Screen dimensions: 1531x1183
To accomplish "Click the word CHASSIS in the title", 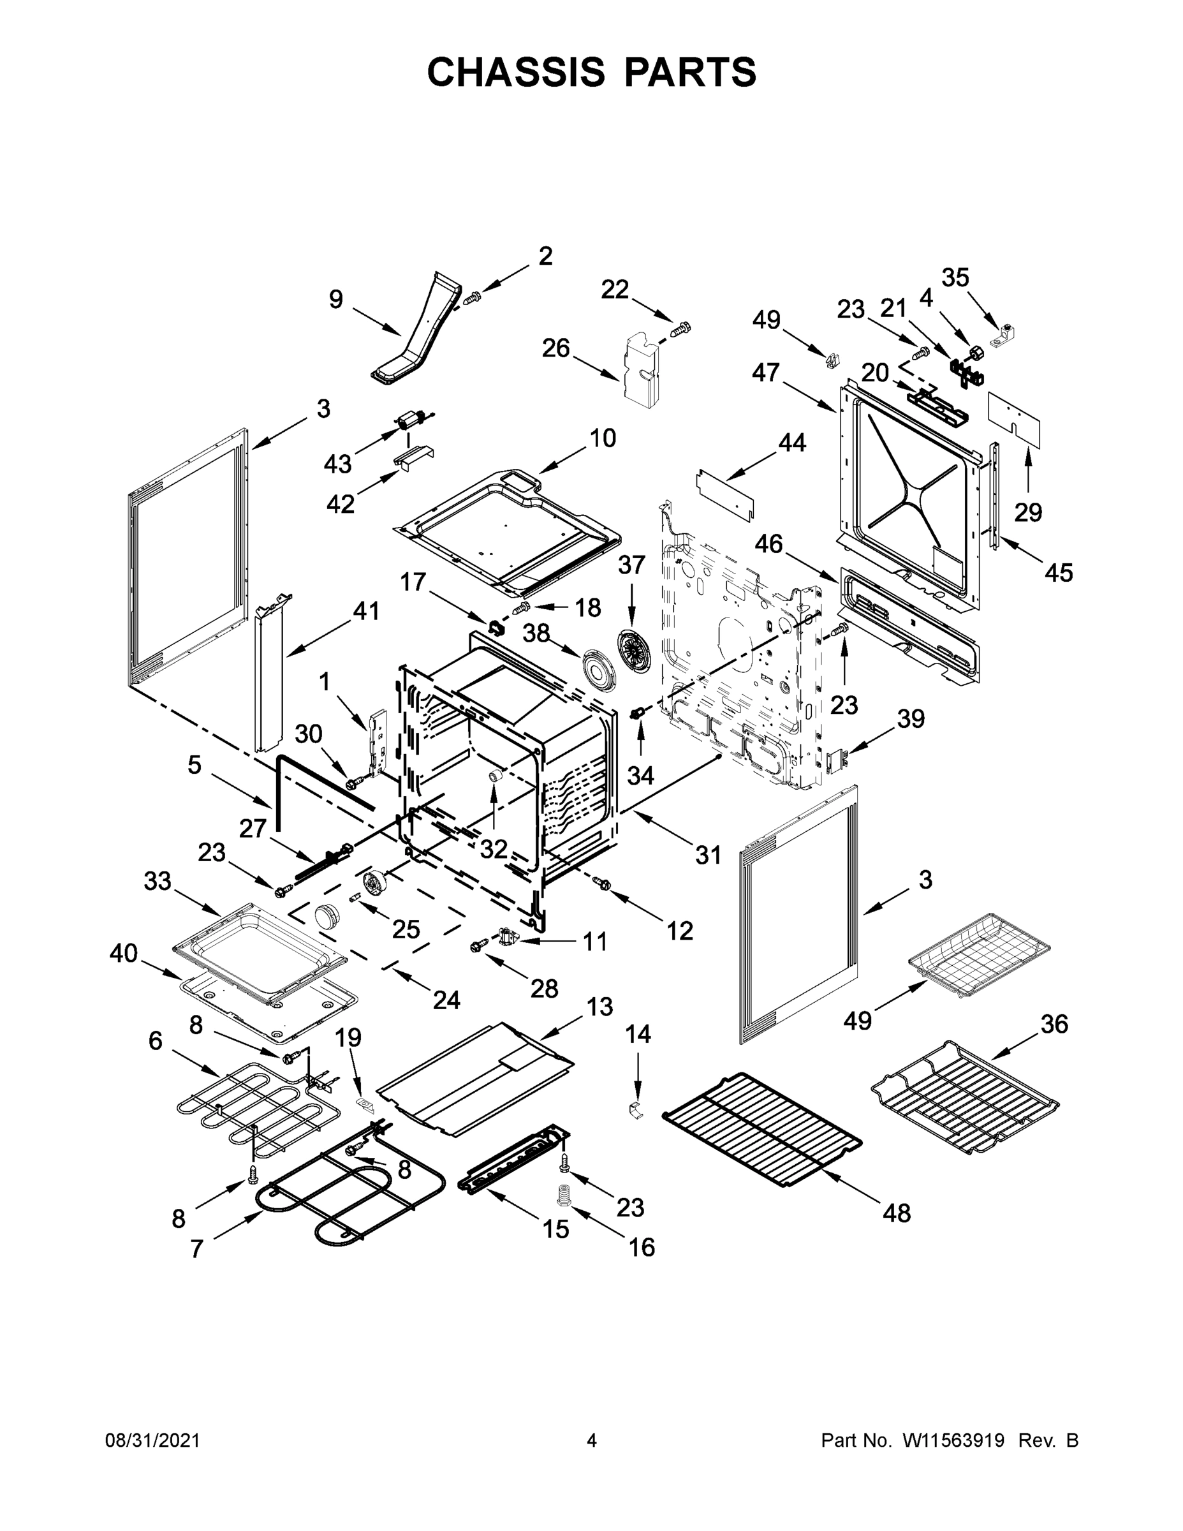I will (x=516, y=72).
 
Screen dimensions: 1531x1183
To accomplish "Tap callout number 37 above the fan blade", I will (x=631, y=565).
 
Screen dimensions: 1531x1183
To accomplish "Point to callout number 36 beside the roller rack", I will (x=1054, y=1024).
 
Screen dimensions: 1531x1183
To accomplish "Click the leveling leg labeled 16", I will (x=562, y=1195).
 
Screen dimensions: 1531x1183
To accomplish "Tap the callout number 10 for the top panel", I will (x=602, y=438).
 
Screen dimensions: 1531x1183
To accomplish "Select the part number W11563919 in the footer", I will (x=953, y=1440).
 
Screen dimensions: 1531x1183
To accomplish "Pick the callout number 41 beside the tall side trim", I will (x=365, y=611).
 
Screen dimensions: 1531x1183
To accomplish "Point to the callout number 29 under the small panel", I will (x=1028, y=512).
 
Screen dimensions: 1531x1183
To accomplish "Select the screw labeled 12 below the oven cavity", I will (x=601, y=885).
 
